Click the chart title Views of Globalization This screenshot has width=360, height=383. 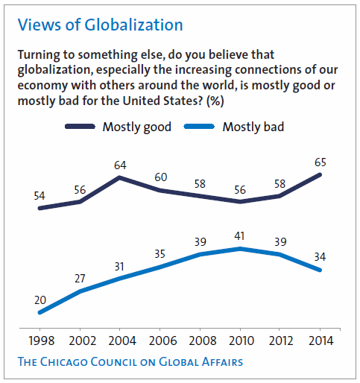(x=100, y=25)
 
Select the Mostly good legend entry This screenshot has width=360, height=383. (x=136, y=127)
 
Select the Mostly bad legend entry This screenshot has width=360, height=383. (x=253, y=127)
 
